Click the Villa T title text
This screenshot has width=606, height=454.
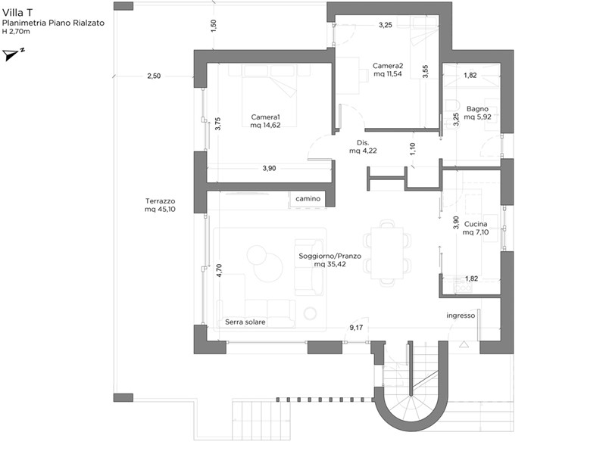point(17,12)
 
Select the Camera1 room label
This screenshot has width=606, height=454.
point(266,117)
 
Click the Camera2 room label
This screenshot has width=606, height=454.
point(388,66)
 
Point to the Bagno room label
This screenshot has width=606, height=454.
point(477,109)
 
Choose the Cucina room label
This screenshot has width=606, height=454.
point(476,224)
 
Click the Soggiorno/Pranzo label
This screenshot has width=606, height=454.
point(330,256)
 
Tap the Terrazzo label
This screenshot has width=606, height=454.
point(160,201)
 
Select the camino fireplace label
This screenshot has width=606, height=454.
point(308,198)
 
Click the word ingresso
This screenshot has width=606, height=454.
point(461,316)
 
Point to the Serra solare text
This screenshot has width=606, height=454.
point(245,322)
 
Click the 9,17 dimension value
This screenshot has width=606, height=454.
point(356,328)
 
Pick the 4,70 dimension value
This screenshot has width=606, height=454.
point(219,270)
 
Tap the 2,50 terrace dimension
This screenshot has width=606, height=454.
point(154,76)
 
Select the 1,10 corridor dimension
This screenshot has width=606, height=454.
point(412,149)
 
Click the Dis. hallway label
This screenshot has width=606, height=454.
point(363,142)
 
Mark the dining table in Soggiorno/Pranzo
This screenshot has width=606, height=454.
point(387,253)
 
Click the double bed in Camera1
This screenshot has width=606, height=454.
point(270,95)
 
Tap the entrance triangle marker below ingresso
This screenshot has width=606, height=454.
point(464,344)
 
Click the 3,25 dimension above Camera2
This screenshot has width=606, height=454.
point(386,25)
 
